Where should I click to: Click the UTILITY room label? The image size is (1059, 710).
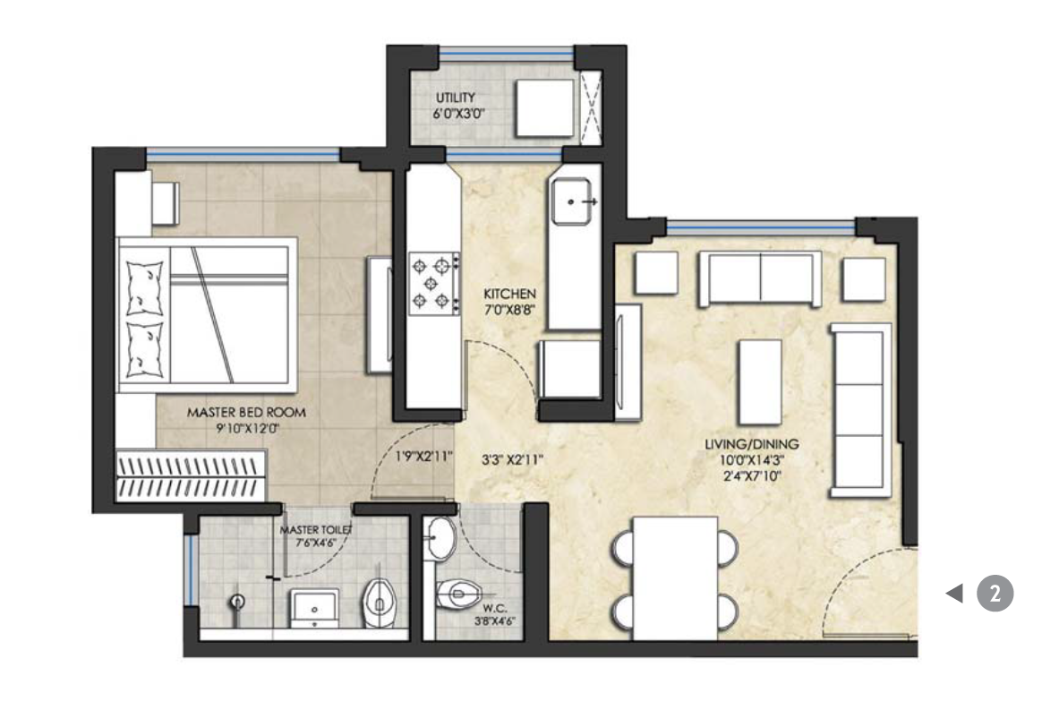[x=456, y=98]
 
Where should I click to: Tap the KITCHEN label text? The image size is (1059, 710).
[x=509, y=294]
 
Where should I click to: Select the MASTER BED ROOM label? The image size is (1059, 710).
[x=246, y=413]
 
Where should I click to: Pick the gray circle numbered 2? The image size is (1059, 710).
[x=995, y=593]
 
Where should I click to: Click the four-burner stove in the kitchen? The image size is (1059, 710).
[x=434, y=282]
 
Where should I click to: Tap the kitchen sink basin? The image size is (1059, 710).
[x=574, y=202]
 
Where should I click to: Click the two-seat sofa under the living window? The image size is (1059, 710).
[x=760, y=278]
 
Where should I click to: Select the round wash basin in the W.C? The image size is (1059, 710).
[x=440, y=539]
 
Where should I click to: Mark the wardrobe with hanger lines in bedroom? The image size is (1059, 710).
[x=192, y=475]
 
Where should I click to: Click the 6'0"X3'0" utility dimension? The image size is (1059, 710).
[x=456, y=115]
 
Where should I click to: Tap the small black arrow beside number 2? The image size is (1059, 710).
[x=955, y=593]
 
